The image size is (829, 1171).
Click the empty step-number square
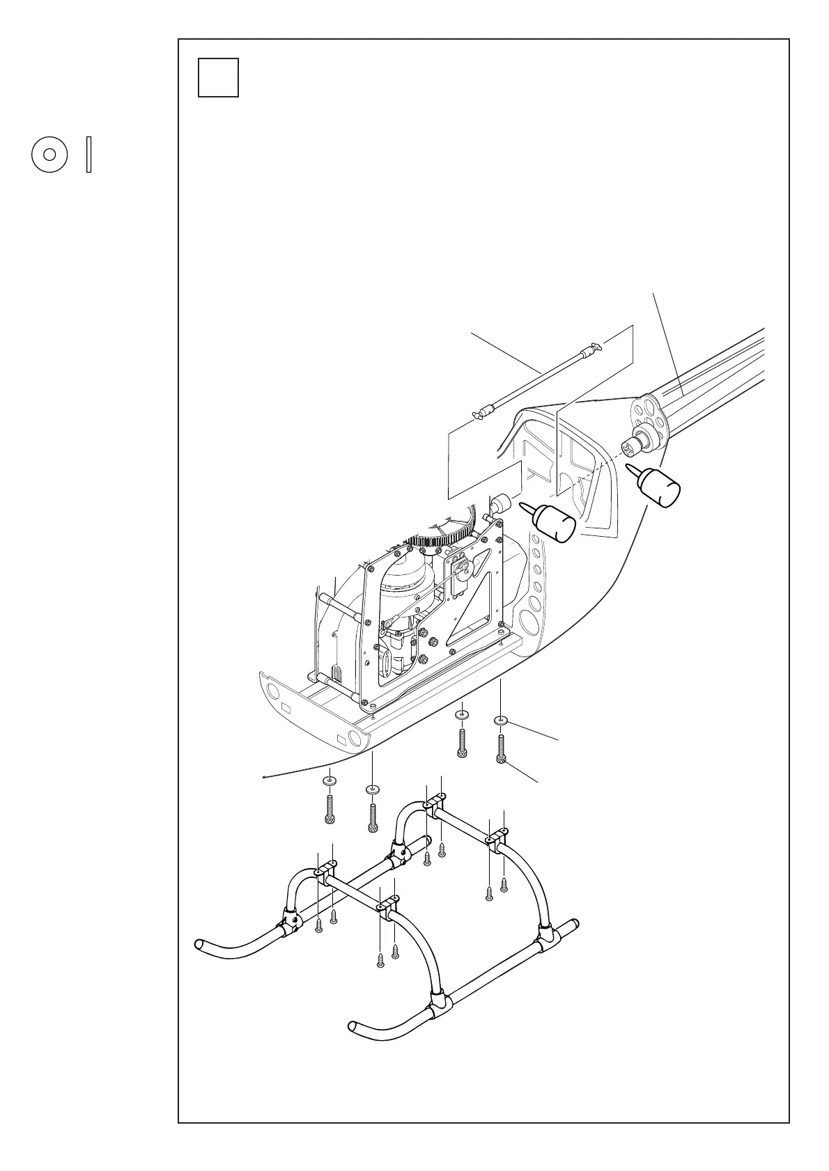click(218, 77)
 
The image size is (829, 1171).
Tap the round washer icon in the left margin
click(49, 155)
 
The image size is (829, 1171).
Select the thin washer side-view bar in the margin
click(88, 155)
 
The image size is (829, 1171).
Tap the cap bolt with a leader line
click(501, 751)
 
